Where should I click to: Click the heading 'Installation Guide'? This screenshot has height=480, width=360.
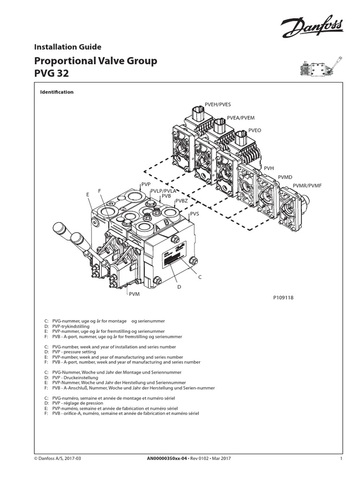coord(67,46)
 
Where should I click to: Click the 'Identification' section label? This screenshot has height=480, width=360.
coord(58,92)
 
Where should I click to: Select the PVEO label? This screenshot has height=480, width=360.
coord(256,130)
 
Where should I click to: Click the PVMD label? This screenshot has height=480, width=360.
coord(285,177)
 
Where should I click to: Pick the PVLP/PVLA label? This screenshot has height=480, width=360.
coord(163,191)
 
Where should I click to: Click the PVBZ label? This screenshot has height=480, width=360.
coord(181,201)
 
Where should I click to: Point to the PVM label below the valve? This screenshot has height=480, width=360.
coord(134,296)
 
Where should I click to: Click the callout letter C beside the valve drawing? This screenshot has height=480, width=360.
coord(199,277)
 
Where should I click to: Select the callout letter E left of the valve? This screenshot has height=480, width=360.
coord(87,194)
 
